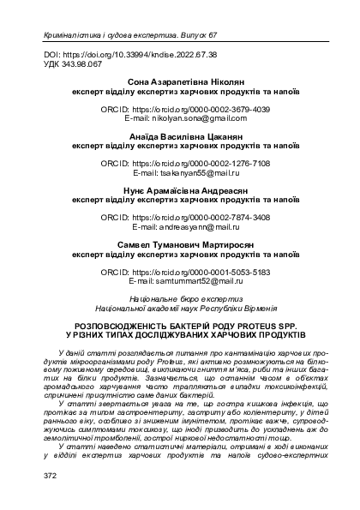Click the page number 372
coord(37,473)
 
